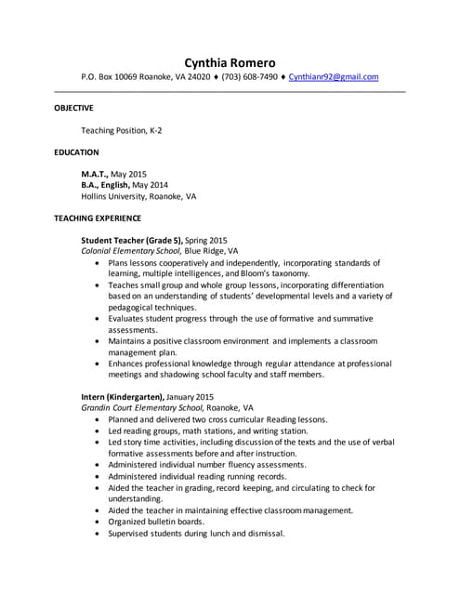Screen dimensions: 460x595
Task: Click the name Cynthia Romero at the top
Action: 230,62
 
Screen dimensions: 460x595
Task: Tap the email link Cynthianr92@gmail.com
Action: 333,77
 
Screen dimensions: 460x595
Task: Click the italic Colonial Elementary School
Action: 131,251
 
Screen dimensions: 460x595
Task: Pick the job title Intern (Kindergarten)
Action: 122,397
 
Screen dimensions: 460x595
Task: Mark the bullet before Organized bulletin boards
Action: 99,522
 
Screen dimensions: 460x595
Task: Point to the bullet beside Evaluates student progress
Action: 99,319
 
